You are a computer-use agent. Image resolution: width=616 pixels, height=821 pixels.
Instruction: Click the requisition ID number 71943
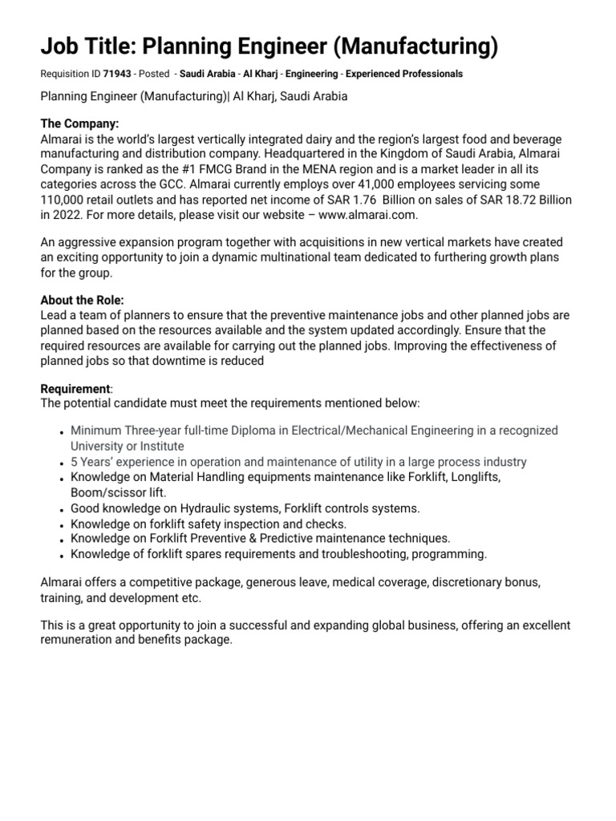pyautogui.click(x=117, y=74)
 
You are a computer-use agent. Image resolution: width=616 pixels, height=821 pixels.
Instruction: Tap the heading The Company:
pyautogui.click(x=79, y=124)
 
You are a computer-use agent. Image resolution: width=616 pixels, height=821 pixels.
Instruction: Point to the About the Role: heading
pyautogui.click(x=83, y=300)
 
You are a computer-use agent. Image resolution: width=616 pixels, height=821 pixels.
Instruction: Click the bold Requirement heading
pyautogui.click(x=75, y=389)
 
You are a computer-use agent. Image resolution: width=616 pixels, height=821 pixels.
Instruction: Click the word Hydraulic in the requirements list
pyautogui.click(x=203, y=508)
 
